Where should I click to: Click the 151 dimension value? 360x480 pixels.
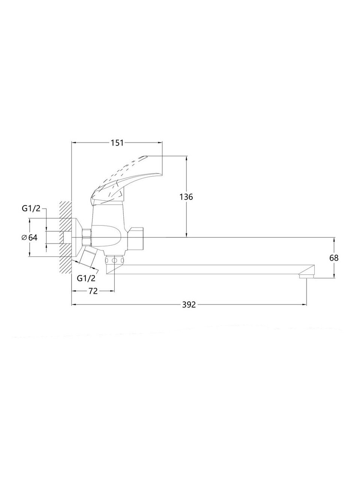click(117, 143)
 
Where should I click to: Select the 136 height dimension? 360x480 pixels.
click(186, 197)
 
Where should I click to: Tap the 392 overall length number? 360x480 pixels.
click(189, 304)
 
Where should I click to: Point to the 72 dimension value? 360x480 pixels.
click(93, 291)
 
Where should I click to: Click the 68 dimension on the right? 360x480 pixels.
click(334, 258)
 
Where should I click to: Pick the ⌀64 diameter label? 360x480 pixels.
click(30, 237)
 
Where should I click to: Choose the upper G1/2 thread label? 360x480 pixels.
click(31, 208)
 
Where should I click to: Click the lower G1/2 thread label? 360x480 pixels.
click(86, 278)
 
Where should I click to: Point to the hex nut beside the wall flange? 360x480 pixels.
click(87, 237)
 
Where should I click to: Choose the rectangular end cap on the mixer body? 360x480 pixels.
click(135, 238)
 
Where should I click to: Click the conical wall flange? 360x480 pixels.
click(77, 237)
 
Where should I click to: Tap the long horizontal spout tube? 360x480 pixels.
click(210, 269)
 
